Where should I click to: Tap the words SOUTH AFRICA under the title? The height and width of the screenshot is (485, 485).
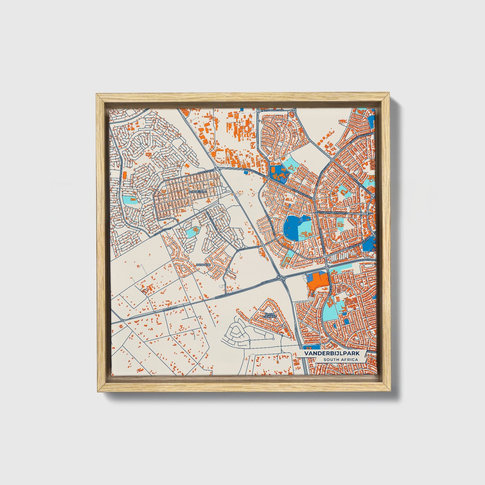pyautogui.click(x=340, y=360)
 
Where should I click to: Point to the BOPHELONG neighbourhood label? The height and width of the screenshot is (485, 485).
pyautogui.click(x=199, y=192)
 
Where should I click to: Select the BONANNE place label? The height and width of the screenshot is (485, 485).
pyautogui.click(x=203, y=265)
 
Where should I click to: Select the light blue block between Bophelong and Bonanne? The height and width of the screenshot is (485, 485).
pyautogui.click(x=192, y=231)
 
